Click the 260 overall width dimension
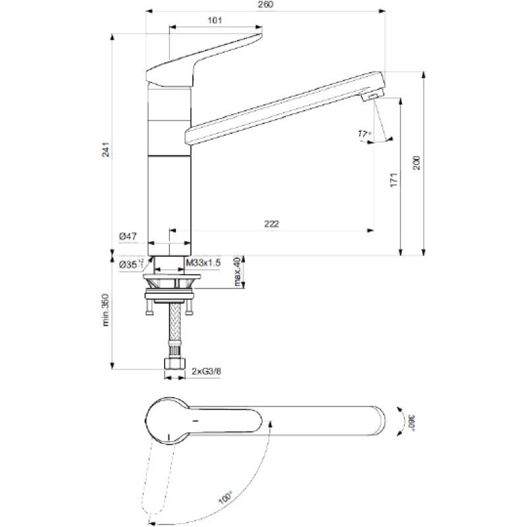click(x=265, y=5)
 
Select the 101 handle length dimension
click(x=215, y=20)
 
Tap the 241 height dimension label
click(x=106, y=150)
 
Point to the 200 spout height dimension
click(x=416, y=163)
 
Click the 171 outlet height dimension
click(x=394, y=180)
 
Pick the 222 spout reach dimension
click(x=271, y=224)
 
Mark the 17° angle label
click(x=364, y=134)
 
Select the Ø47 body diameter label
click(x=128, y=236)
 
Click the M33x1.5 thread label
click(x=204, y=263)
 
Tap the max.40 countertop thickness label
click(x=238, y=272)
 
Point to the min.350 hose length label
click(x=106, y=310)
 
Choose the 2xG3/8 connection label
click(x=206, y=372)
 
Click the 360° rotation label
click(x=412, y=422)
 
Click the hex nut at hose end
click(x=175, y=364)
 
